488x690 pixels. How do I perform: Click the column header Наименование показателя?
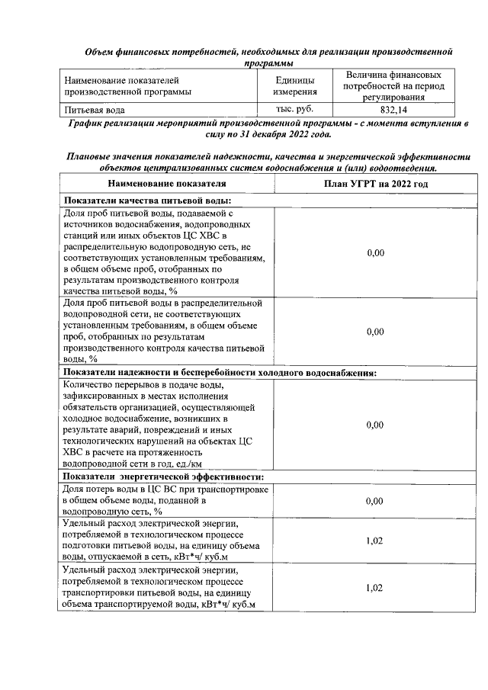coord(167,184)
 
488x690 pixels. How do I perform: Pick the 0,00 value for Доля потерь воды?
coord(374,501)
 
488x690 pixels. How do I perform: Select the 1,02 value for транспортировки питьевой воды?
coord(374,588)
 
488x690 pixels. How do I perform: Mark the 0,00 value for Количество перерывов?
coord(374,425)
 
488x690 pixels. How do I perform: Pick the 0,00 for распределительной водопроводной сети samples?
coord(374,332)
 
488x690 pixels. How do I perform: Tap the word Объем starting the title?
coord(100,52)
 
